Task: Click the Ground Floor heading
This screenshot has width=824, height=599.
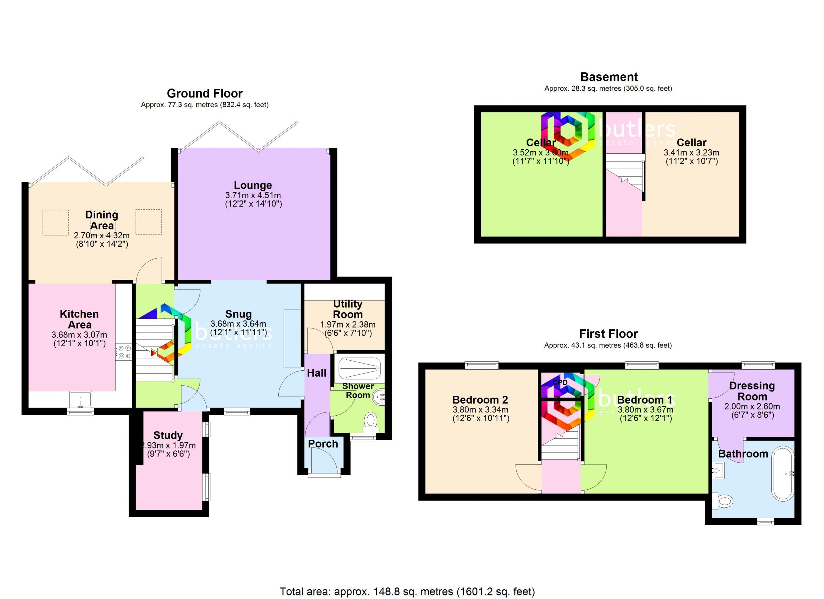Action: pos(204,94)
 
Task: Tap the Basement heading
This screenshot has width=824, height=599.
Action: pos(609,77)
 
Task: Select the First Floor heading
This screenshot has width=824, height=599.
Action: pos(608,334)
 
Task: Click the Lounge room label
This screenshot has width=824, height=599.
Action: pos(253,186)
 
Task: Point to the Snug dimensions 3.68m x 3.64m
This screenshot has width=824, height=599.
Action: pos(238,323)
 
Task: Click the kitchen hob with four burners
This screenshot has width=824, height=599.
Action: pos(124,352)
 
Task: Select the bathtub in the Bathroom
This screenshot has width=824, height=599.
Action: pos(783,474)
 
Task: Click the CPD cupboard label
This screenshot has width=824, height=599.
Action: pos(560,382)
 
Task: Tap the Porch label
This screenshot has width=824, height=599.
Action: pos(323,444)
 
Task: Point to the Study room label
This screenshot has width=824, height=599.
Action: pos(168,435)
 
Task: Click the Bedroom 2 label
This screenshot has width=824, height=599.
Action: pos(480,400)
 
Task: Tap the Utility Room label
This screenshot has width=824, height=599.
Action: pos(348,309)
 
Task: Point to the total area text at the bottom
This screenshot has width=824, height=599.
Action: pos(407,592)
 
